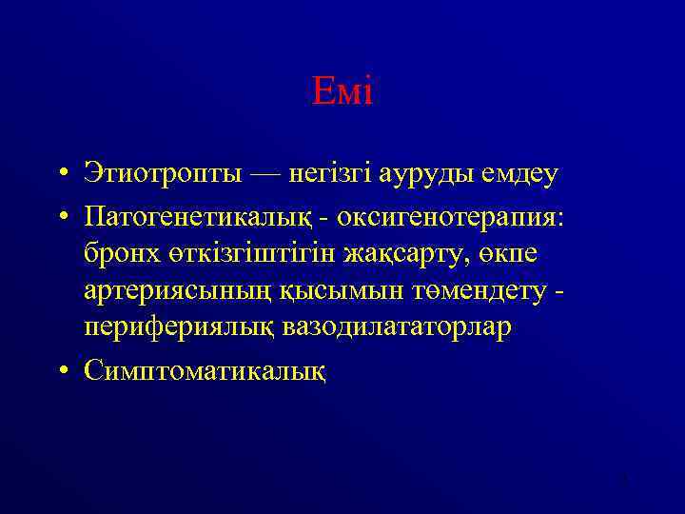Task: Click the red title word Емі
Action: click(342, 92)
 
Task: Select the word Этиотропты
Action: click(165, 174)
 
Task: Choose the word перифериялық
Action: click(180, 326)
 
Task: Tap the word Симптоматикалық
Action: click(205, 365)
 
